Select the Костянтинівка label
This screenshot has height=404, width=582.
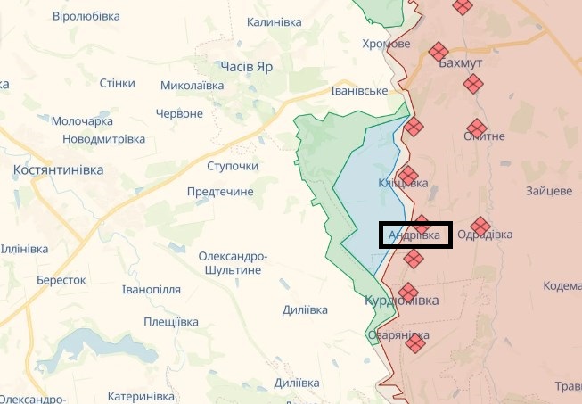click(x=59, y=169)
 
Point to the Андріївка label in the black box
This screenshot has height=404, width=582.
click(x=414, y=235)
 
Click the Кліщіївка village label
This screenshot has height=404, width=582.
click(x=403, y=183)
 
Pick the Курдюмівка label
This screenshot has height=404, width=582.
click(x=402, y=301)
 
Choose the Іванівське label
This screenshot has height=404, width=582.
click(x=358, y=91)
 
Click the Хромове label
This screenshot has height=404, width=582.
click(x=387, y=44)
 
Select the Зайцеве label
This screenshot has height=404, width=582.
click(x=549, y=191)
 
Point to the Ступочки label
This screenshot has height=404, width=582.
click(x=232, y=166)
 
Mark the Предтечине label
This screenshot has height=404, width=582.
click(x=220, y=191)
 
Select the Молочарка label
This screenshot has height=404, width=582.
click(x=82, y=120)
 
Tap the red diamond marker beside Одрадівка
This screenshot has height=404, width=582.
click(x=480, y=225)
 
